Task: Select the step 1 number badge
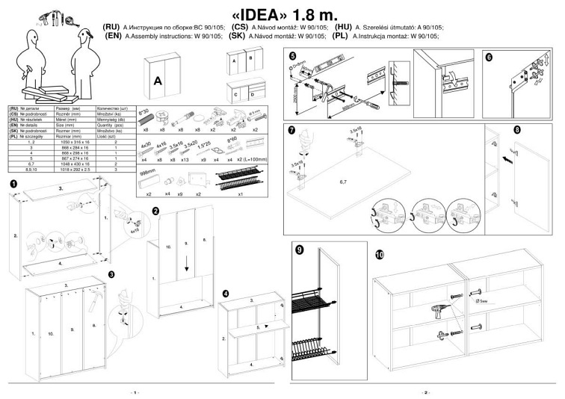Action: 13,183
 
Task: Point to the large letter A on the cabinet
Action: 158,80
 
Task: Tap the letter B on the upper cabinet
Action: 251,58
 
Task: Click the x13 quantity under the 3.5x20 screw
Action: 185,159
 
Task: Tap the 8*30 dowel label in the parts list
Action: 146,111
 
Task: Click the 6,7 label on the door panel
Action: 347,181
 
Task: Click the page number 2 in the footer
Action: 425,392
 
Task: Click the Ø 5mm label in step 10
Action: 483,303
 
